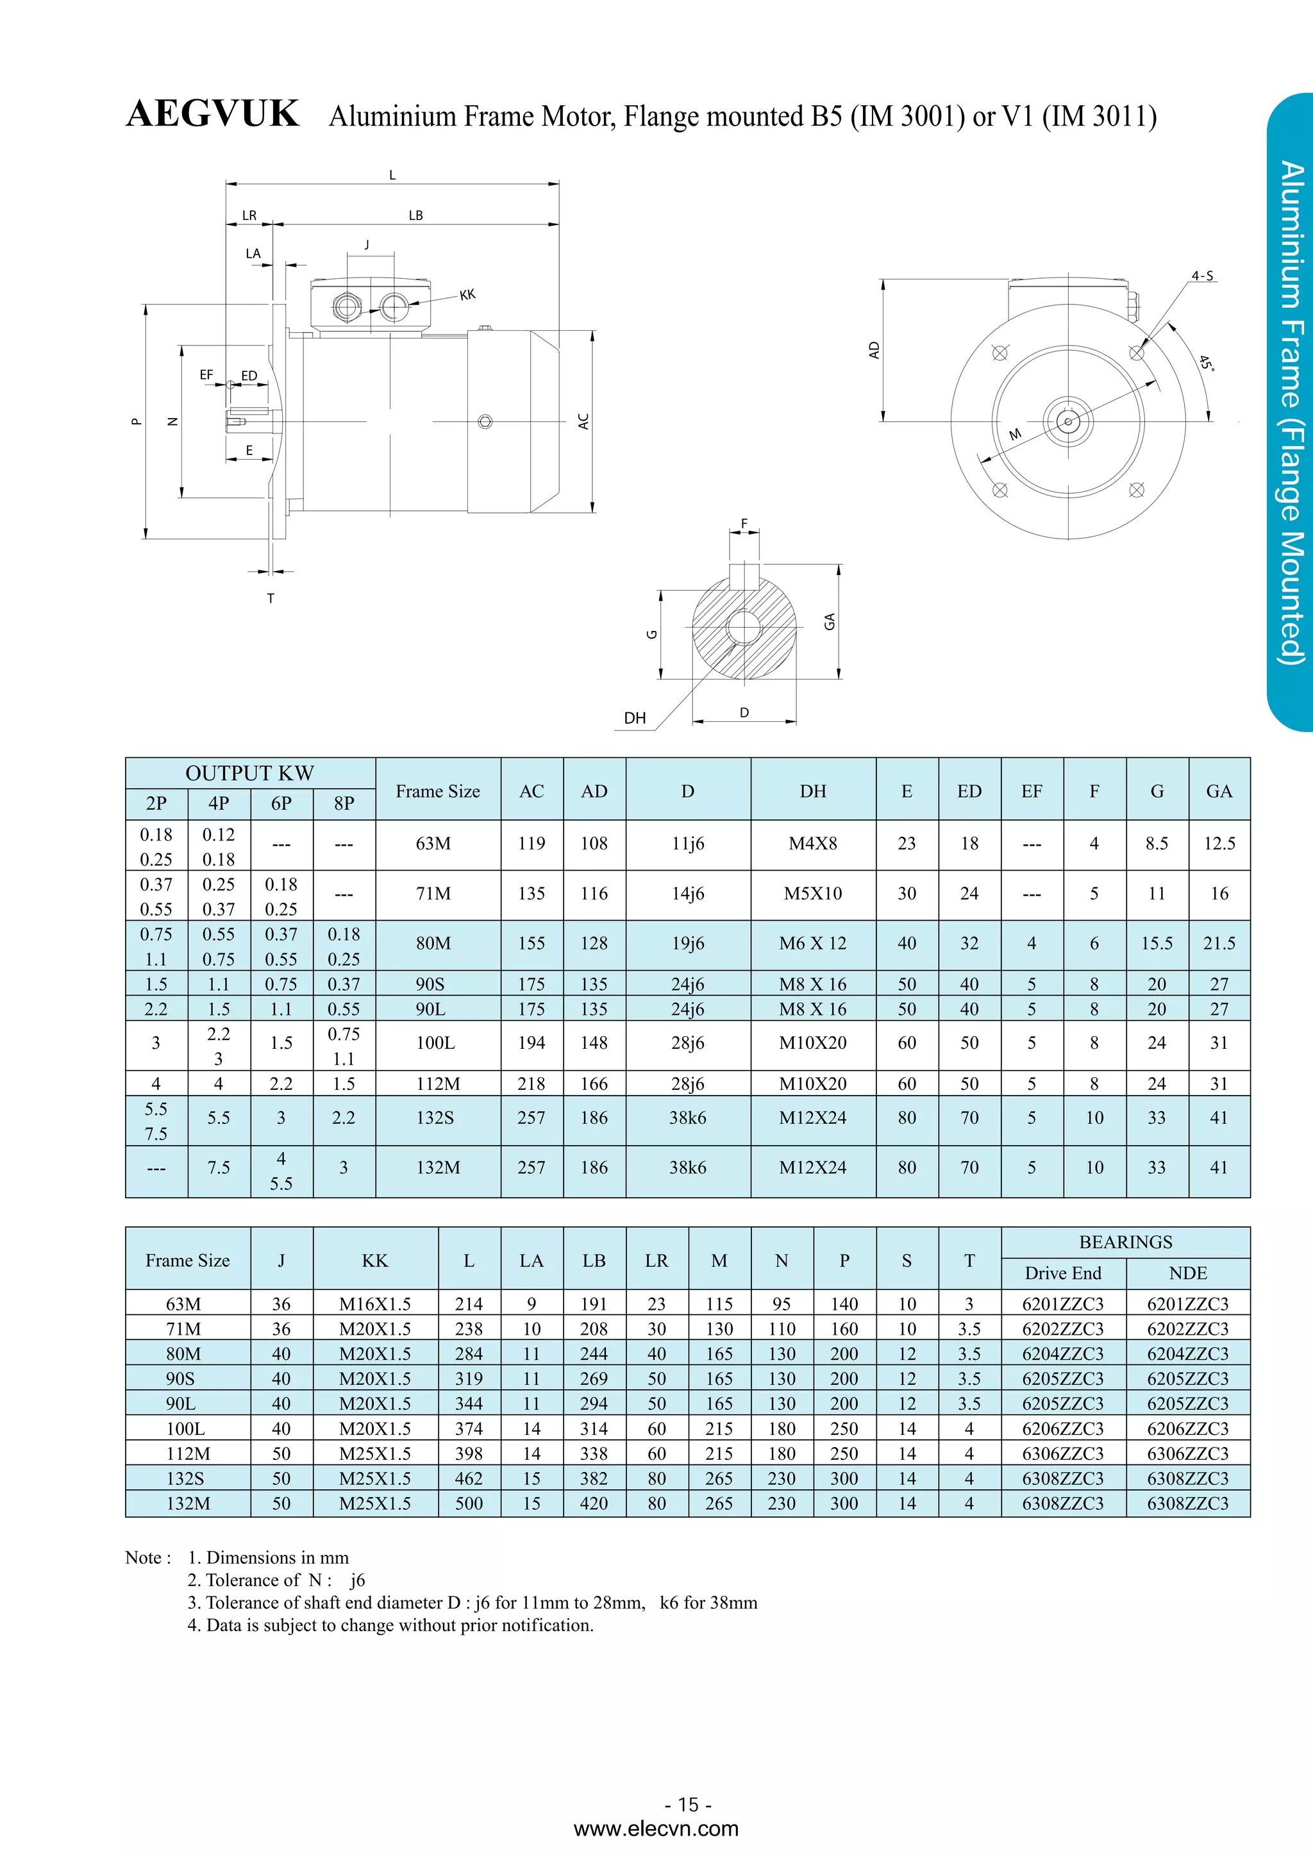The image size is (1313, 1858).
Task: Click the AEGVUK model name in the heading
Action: (x=213, y=114)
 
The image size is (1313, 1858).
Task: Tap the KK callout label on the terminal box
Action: (x=467, y=294)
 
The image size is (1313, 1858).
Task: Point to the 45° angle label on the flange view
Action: (x=1206, y=364)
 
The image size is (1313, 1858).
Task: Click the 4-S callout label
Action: (x=1202, y=276)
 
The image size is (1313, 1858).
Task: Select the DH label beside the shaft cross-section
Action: (x=635, y=718)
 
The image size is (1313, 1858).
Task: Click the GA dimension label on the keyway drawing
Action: (x=829, y=621)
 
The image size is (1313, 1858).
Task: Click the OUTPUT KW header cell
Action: (x=249, y=773)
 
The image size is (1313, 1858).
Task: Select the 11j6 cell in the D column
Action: (x=688, y=843)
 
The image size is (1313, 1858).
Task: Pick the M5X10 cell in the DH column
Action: (x=812, y=893)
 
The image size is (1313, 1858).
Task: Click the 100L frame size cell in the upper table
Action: (x=435, y=1043)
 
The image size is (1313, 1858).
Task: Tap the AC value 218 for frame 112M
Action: (x=531, y=1084)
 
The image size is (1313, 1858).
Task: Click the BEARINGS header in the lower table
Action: (x=1125, y=1241)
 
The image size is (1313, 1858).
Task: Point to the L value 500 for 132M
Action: (x=469, y=1503)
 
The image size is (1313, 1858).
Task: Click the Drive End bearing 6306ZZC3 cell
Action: (x=1062, y=1453)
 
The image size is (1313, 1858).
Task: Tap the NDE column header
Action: (x=1187, y=1273)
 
